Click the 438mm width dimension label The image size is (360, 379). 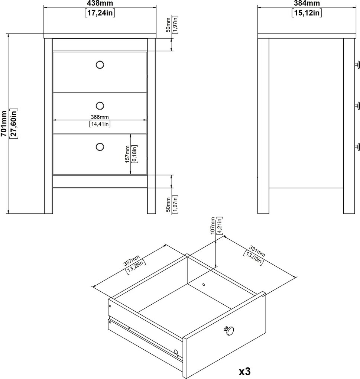coord(100,3)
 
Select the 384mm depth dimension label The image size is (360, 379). coord(307,3)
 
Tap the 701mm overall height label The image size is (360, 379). coord(4,123)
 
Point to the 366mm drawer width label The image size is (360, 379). coord(100,117)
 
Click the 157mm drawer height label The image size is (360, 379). coord(127,154)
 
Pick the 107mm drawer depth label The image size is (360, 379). coord(213,226)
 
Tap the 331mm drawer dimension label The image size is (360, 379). coord(257,251)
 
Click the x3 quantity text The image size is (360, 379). coord(245,371)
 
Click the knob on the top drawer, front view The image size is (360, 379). coord(100,65)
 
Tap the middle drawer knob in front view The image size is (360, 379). coord(100,106)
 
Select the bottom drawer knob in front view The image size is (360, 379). coord(100,147)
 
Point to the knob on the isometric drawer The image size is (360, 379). coord(229,330)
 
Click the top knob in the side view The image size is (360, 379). coord(357,65)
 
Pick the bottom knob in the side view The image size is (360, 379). coord(357,146)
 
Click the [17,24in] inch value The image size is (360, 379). coord(100,13)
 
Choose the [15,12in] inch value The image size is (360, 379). coord(307,13)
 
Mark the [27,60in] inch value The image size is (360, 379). coord(13,123)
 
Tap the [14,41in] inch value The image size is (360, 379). coord(100,124)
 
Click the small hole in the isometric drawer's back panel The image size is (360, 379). coord(204,285)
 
